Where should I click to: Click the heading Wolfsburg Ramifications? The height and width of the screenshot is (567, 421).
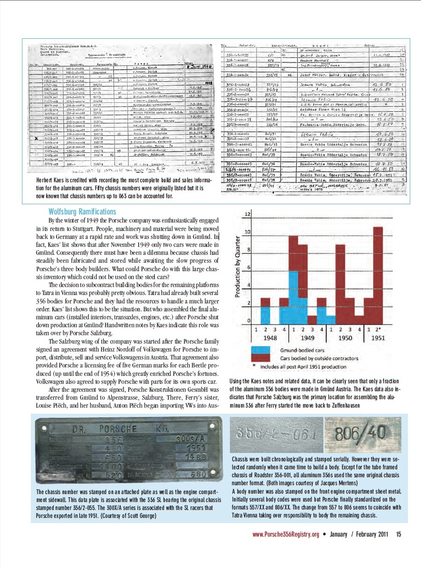pyautogui.click(x=82, y=212)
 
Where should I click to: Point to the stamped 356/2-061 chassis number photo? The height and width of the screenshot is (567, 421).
pyautogui.click(x=276, y=436)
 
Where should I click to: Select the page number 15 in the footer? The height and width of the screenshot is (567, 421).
pyautogui.click(x=398, y=534)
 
